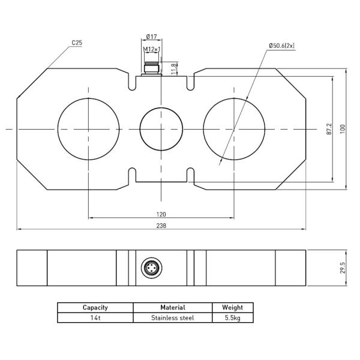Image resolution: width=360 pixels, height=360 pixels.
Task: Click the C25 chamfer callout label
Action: tap(77, 43)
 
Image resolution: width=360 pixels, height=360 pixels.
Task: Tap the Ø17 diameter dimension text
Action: tap(152, 37)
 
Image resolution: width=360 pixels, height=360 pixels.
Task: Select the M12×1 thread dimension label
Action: tap(152, 49)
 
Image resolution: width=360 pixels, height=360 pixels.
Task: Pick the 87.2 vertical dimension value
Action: tap(328, 129)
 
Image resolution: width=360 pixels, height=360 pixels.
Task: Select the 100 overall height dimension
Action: tap(343, 129)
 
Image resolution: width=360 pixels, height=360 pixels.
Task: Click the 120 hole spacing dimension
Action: tap(161, 214)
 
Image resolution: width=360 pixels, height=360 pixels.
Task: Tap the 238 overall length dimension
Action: tap(161, 226)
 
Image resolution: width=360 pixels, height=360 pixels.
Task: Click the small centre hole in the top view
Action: tap(161, 129)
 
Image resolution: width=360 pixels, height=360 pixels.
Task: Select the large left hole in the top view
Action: tap(88, 129)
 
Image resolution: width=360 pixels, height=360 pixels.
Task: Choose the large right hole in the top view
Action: tap(233, 129)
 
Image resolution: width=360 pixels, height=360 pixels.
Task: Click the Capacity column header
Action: tap(95, 307)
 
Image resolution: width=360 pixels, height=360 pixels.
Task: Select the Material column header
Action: tap(173, 307)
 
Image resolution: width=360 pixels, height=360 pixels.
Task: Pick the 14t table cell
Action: tap(95, 318)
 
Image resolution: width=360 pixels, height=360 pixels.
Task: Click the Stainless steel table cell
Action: tap(173, 318)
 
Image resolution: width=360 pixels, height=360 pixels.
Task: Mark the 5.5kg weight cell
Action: tap(232, 318)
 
